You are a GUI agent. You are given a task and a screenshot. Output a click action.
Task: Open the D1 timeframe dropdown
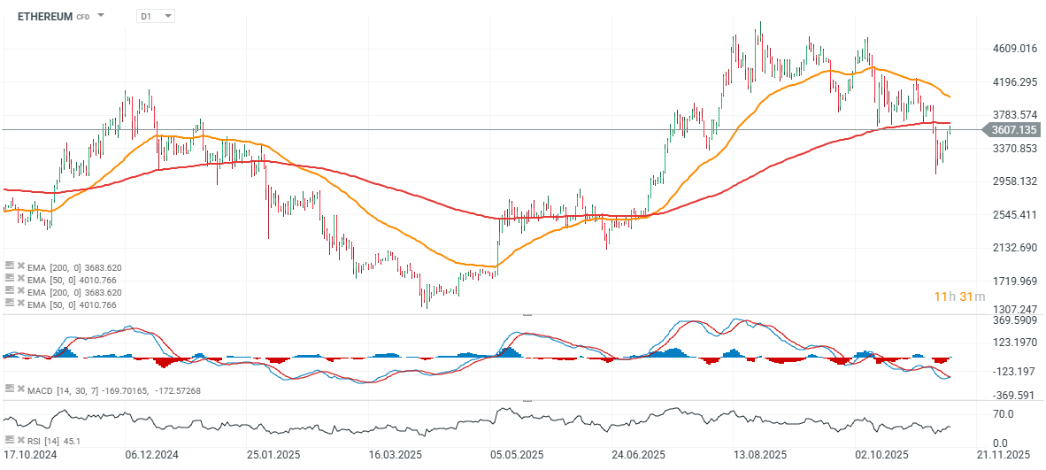157,16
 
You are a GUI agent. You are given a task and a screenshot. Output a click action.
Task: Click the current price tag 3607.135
1014,130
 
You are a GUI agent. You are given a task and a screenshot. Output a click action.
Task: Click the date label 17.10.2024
32,455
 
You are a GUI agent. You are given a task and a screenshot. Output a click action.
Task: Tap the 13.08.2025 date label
761,455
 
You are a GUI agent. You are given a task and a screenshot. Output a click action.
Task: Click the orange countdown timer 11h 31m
959,296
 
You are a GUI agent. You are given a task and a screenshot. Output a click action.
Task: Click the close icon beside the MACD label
19,389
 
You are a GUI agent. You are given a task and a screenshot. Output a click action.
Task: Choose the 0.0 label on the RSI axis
998,443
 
